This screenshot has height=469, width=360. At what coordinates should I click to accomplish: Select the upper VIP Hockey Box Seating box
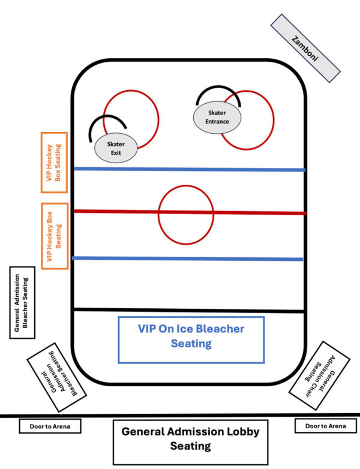pos(54,162)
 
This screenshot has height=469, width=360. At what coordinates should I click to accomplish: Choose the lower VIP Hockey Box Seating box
pos(55,235)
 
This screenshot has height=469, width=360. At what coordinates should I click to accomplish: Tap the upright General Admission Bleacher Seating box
pos(22,302)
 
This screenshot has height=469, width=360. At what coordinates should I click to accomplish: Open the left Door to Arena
pos(50,426)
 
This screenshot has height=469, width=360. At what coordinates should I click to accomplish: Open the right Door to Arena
pos(325,426)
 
